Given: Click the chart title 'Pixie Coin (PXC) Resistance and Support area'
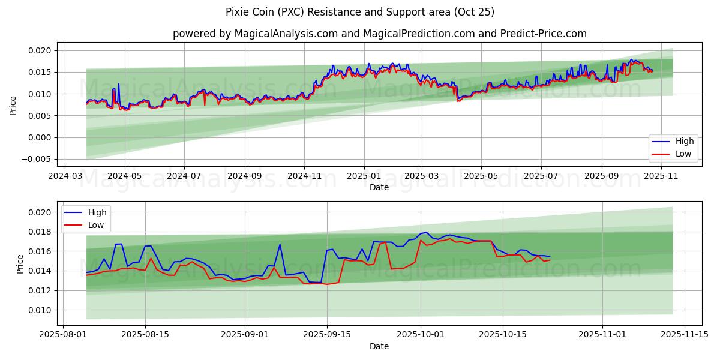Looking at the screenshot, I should [360, 12].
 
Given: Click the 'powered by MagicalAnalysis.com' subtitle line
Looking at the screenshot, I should [379, 34].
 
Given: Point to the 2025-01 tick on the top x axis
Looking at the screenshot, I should [364, 177].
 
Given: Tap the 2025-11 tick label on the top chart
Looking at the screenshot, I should [661, 177].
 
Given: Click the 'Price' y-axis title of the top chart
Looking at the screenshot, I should [13, 105].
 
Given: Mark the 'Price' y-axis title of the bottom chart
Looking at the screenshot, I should [20, 264].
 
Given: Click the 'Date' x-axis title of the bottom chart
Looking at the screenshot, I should [379, 346].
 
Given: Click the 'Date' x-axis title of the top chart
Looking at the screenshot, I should [379, 187].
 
